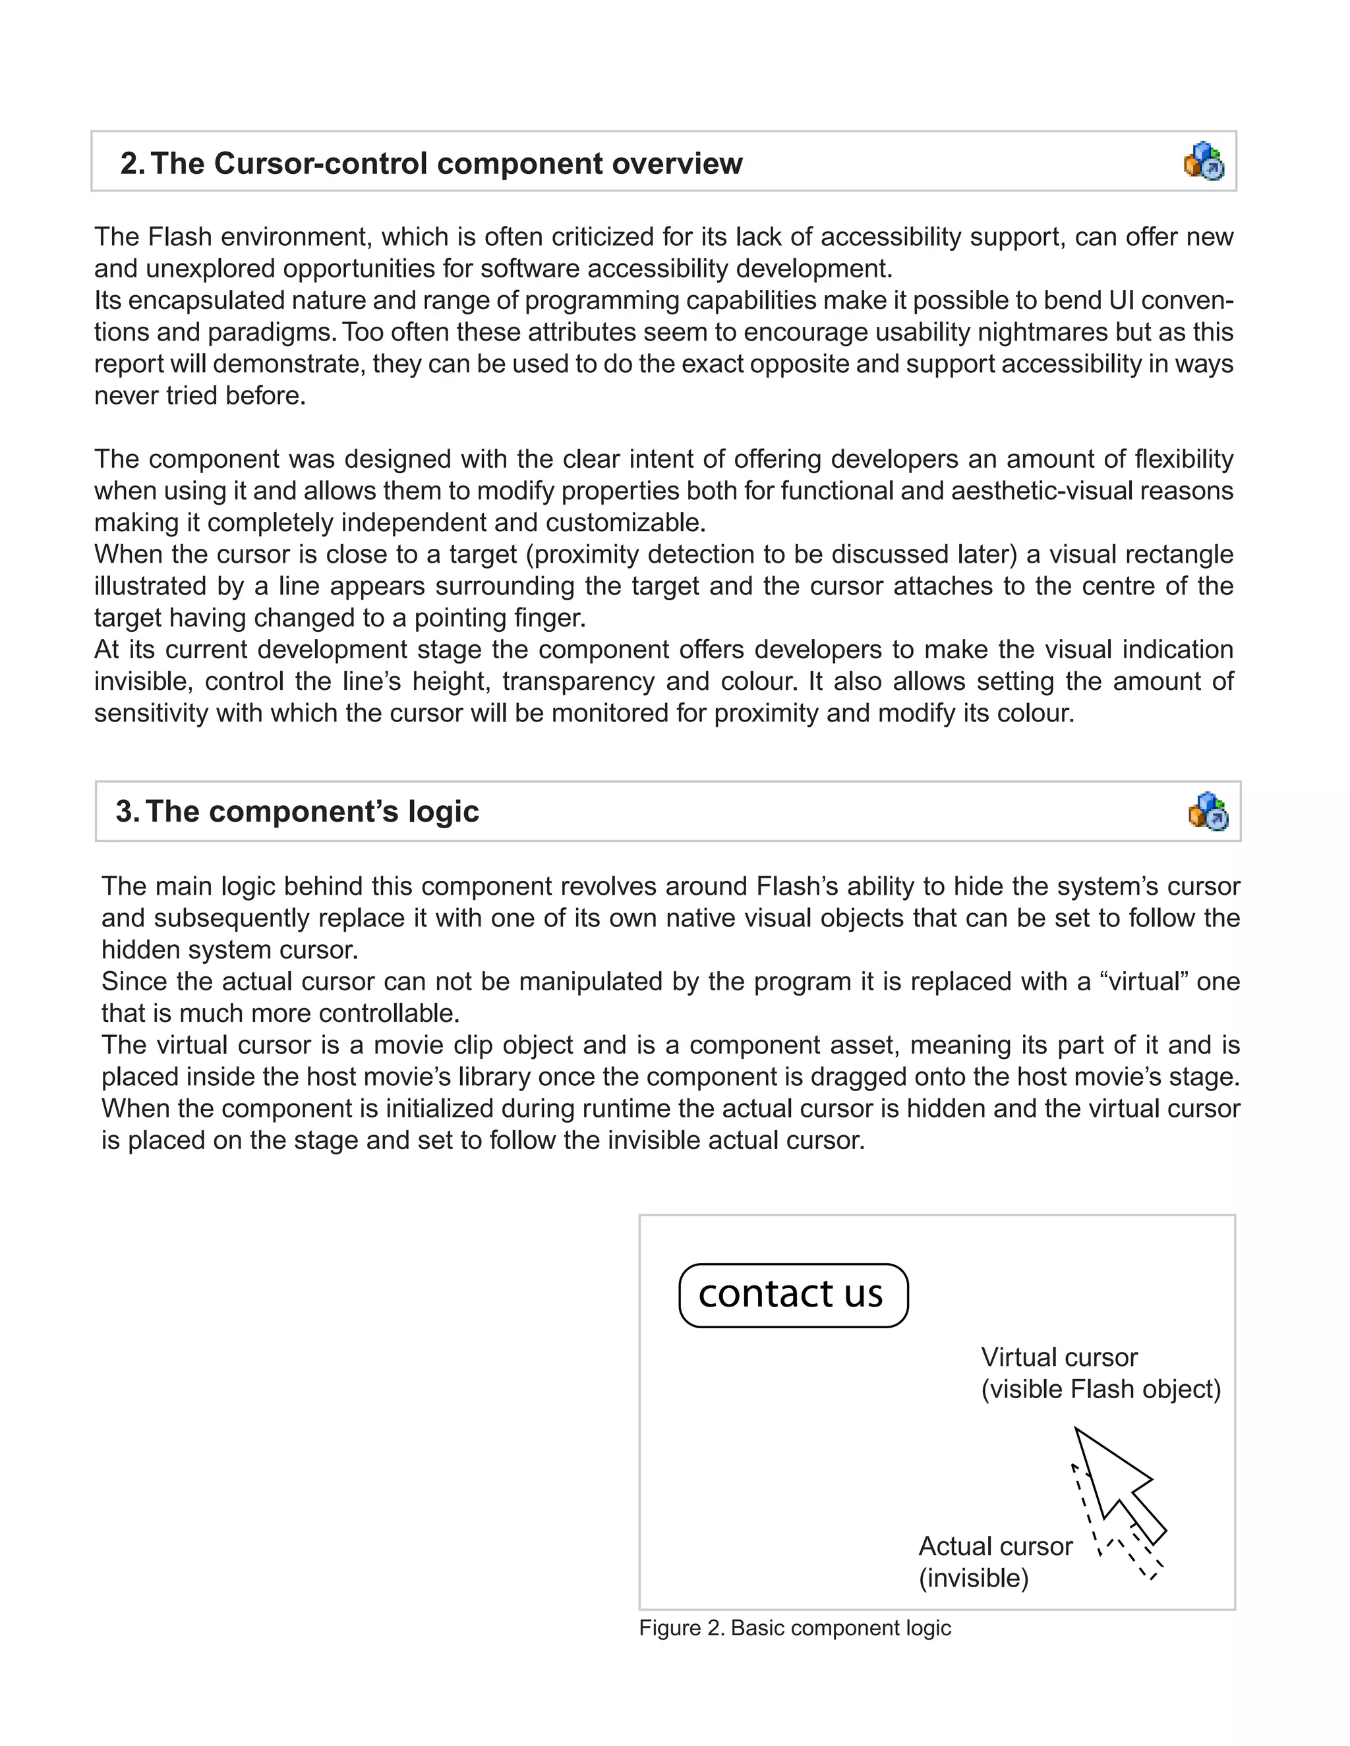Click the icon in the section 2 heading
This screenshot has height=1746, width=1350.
(1204, 161)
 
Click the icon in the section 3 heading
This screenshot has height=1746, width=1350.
(1208, 812)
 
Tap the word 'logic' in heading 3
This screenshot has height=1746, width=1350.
(443, 812)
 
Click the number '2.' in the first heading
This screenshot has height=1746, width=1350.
(132, 164)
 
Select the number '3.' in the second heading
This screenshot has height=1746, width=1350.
(128, 812)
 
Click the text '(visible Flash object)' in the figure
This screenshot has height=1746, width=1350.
(1100, 1389)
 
